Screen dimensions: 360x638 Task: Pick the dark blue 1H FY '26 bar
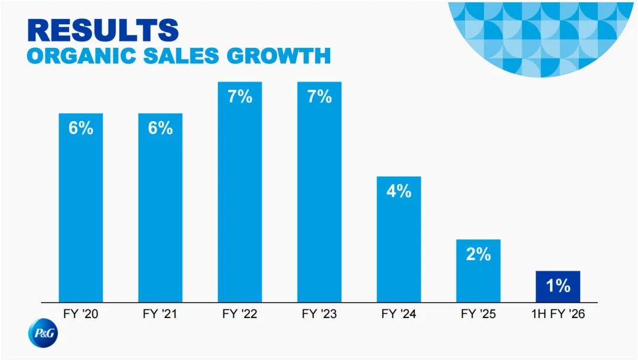(558, 287)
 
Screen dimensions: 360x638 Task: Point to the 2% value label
(478, 254)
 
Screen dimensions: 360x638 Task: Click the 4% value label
(399, 192)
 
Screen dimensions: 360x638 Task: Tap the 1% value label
(558, 286)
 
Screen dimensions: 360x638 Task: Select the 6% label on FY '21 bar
(161, 128)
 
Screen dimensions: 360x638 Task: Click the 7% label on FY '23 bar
(320, 97)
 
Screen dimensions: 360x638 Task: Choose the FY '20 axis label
(81, 314)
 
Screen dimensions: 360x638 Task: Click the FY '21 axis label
(161, 314)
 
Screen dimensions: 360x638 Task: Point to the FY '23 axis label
(320, 314)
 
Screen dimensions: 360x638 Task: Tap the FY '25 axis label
(478, 314)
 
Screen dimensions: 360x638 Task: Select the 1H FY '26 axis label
(558, 314)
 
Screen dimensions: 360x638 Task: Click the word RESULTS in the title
(103, 30)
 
